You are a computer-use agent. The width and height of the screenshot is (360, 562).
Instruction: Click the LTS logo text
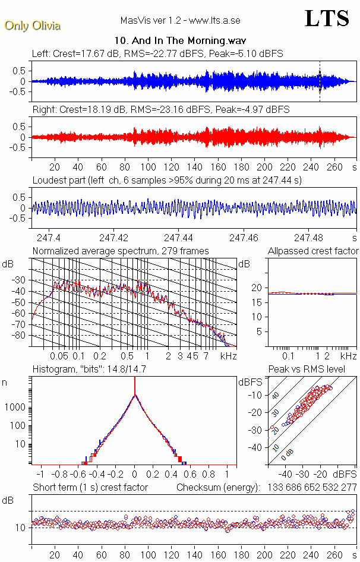point(326,18)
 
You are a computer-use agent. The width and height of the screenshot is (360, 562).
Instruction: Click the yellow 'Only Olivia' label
point(32,26)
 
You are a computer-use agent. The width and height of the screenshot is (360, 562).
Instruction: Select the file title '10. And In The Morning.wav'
point(179,41)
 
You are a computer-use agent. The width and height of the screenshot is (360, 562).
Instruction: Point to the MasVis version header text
point(180,21)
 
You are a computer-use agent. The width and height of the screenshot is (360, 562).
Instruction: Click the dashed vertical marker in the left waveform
point(320,81)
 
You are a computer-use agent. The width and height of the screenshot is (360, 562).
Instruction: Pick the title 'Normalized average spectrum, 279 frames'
point(121,251)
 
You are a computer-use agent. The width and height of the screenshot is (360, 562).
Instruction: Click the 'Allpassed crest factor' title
point(313,251)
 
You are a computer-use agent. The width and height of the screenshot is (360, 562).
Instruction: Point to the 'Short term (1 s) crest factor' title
point(90,487)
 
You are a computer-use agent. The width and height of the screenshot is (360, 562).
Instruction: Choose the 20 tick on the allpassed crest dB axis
point(257,288)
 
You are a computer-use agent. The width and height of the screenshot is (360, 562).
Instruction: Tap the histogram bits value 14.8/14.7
point(134,370)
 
